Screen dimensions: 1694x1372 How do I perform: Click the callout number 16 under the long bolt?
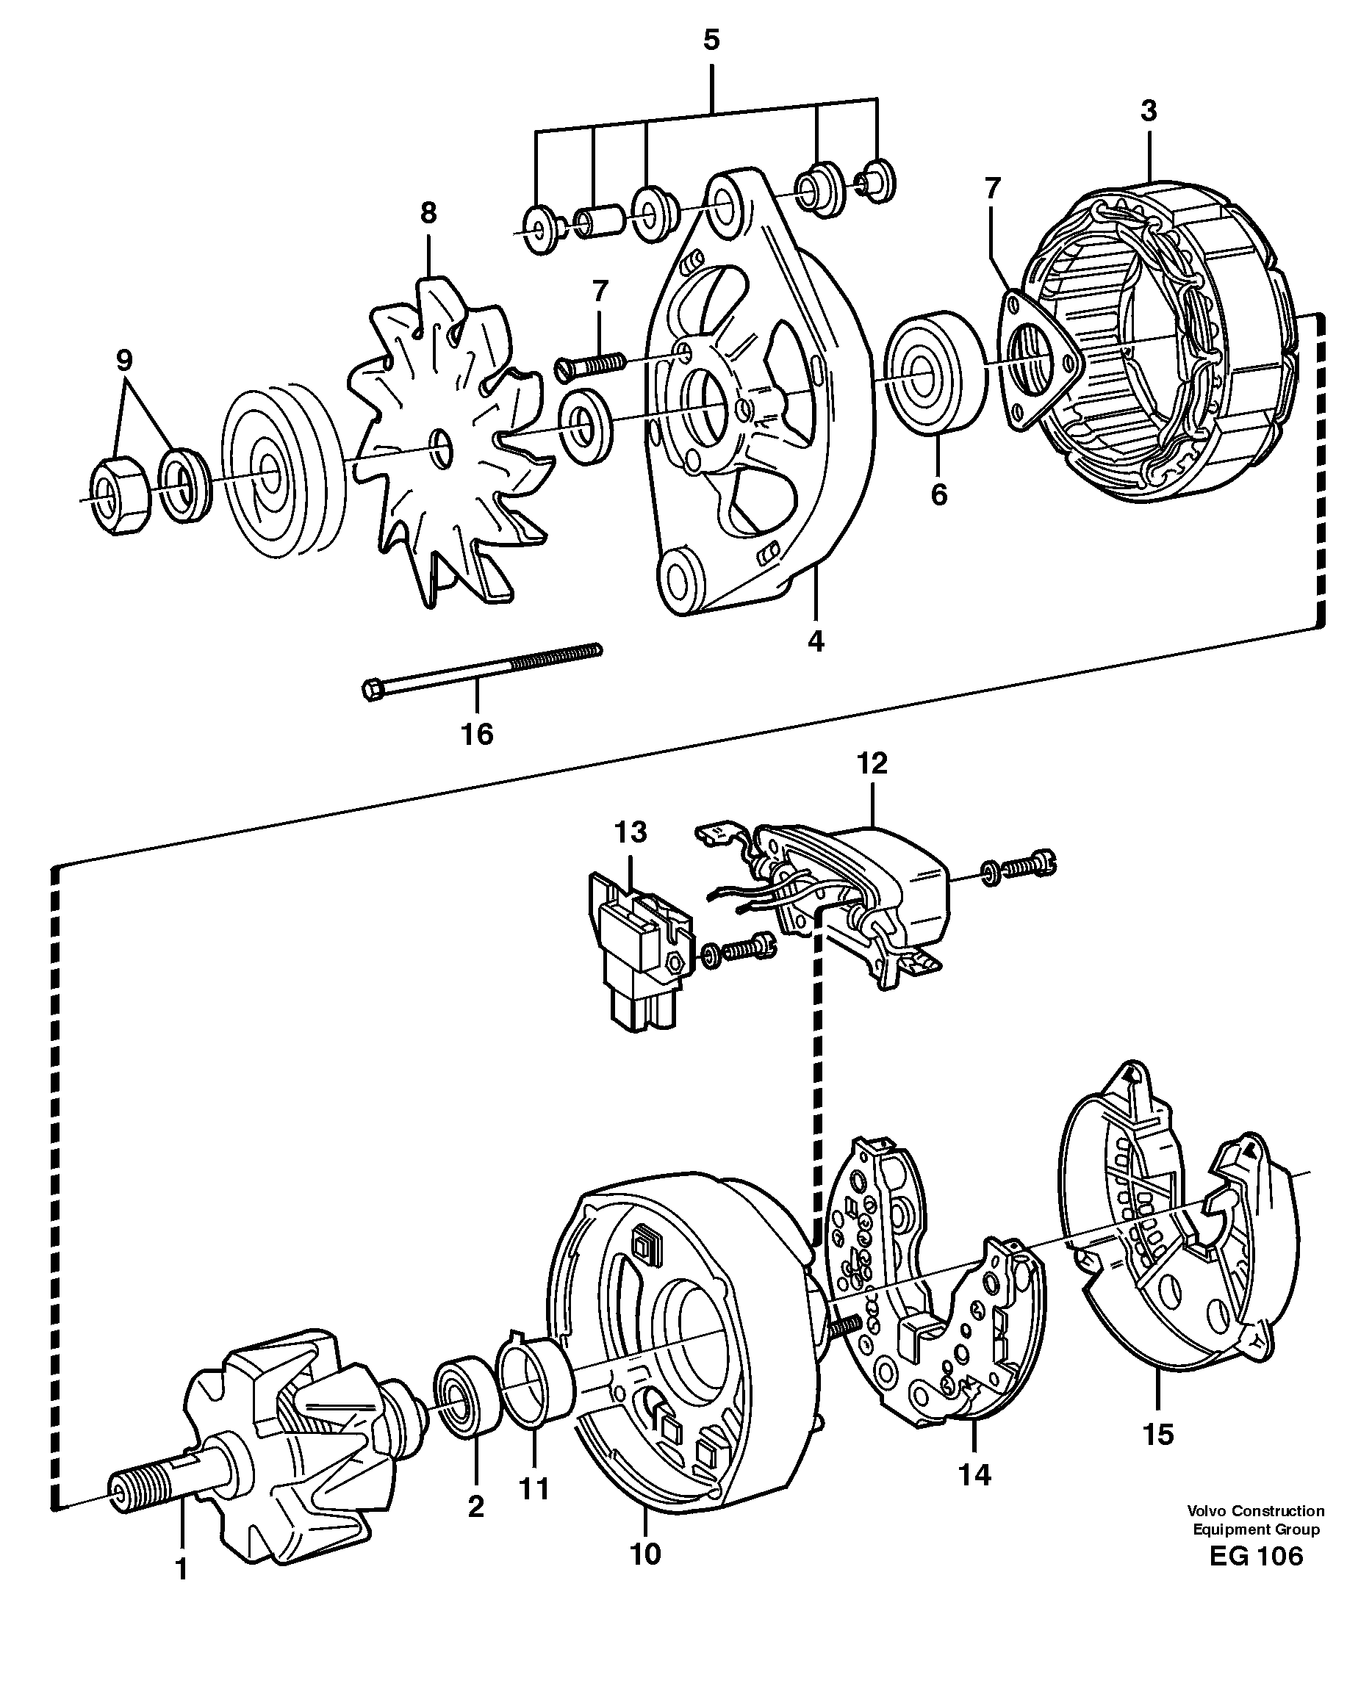click(477, 734)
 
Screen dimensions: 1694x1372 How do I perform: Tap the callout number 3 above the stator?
click(1149, 111)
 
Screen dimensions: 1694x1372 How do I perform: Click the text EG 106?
click(1255, 1557)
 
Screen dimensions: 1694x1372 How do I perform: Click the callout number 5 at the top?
click(711, 40)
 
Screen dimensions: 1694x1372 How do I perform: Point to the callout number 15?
click(1158, 1434)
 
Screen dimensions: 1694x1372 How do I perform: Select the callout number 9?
click(124, 360)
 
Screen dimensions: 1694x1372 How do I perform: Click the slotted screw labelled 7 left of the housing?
click(590, 365)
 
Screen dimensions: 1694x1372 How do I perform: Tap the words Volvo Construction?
click(1255, 1510)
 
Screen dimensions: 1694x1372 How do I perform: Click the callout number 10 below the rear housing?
click(645, 1554)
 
